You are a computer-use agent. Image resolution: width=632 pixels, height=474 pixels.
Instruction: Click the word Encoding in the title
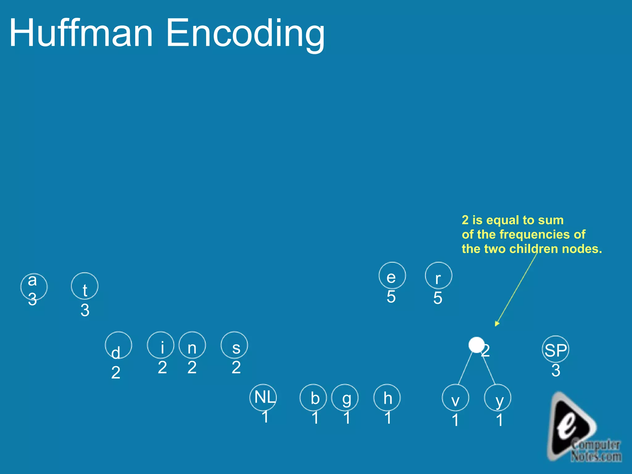click(x=245, y=33)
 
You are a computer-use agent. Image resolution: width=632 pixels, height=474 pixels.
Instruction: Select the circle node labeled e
click(x=392, y=276)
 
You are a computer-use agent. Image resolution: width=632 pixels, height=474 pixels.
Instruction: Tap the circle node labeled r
click(x=438, y=276)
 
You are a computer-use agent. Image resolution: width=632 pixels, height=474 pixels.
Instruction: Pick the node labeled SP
click(x=555, y=349)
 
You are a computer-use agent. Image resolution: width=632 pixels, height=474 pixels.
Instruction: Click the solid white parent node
click(x=476, y=345)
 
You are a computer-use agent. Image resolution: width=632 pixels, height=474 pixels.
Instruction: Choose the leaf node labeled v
click(x=455, y=397)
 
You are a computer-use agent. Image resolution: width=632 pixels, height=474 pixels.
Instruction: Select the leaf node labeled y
click(x=498, y=397)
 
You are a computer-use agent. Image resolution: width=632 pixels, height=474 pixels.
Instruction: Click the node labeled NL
click(x=263, y=397)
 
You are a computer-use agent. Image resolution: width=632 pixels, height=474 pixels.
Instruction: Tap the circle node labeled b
click(x=313, y=397)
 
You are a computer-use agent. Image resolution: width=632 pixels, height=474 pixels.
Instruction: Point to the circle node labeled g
click(x=345, y=397)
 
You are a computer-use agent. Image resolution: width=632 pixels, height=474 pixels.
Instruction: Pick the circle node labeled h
click(x=387, y=397)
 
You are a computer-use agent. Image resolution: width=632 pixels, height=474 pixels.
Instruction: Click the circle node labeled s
click(x=234, y=345)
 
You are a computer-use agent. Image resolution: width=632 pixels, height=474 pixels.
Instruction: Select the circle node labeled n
click(x=192, y=345)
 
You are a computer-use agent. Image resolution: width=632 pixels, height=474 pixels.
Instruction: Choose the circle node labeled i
click(x=161, y=345)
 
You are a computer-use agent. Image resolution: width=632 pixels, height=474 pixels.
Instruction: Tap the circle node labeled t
click(x=85, y=286)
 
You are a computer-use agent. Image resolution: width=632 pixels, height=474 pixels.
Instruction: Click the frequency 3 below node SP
click(x=556, y=370)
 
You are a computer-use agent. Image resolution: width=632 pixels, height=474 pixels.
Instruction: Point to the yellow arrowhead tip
click(x=496, y=325)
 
